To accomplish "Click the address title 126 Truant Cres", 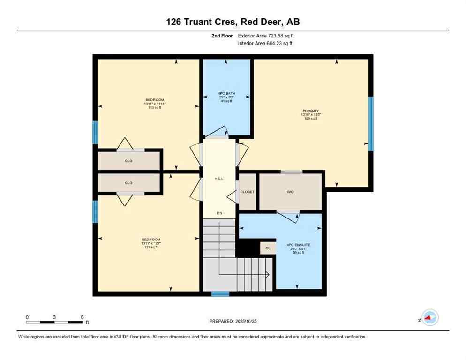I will [x=233, y=22].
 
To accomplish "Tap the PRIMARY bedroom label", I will [x=310, y=111].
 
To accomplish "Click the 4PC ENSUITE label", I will [x=299, y=245].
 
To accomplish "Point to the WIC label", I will [x=290, y=192].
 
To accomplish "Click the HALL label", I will [x=219, y=179].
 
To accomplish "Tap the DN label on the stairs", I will [x=219, y=213].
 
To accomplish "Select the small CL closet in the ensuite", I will [x=268, y=248].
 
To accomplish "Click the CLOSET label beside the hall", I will [x=247, y=192].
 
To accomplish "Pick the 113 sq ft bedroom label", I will [x=154, y=100].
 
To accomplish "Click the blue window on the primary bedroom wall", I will [x=370, y=124].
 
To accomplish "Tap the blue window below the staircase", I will [x=220, y=294].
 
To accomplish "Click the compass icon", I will [x=429, y=318].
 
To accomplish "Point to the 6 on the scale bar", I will [x=82, y=317].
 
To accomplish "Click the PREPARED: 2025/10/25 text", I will [x=233, y=321].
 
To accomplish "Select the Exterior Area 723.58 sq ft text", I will [x=265, y=36].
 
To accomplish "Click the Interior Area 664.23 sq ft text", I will [x=265, y=44].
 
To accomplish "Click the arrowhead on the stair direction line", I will [x=268, y=275].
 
